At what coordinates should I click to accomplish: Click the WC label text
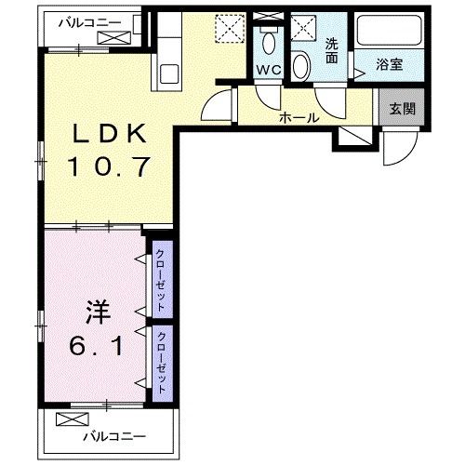[x=269, y=69]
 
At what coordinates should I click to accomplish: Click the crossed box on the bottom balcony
[x=71, y=419]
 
